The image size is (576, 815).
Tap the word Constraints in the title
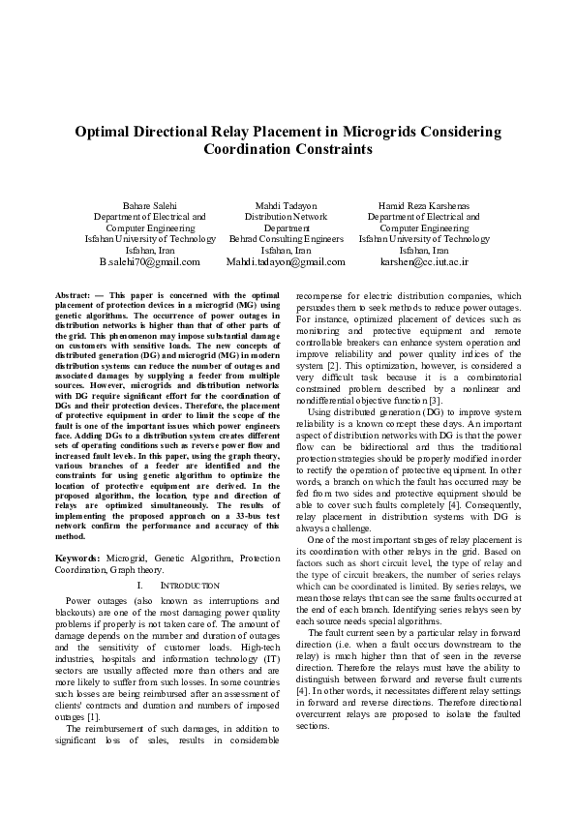[332, 149]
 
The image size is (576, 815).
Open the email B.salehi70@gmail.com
[149, 261]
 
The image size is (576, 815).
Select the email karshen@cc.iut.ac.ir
[424, 261]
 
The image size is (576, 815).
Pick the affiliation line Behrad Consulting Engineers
[287, 238]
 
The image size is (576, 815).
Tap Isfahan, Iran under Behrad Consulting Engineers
[287, 250]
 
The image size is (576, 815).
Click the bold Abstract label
[74, 293]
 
